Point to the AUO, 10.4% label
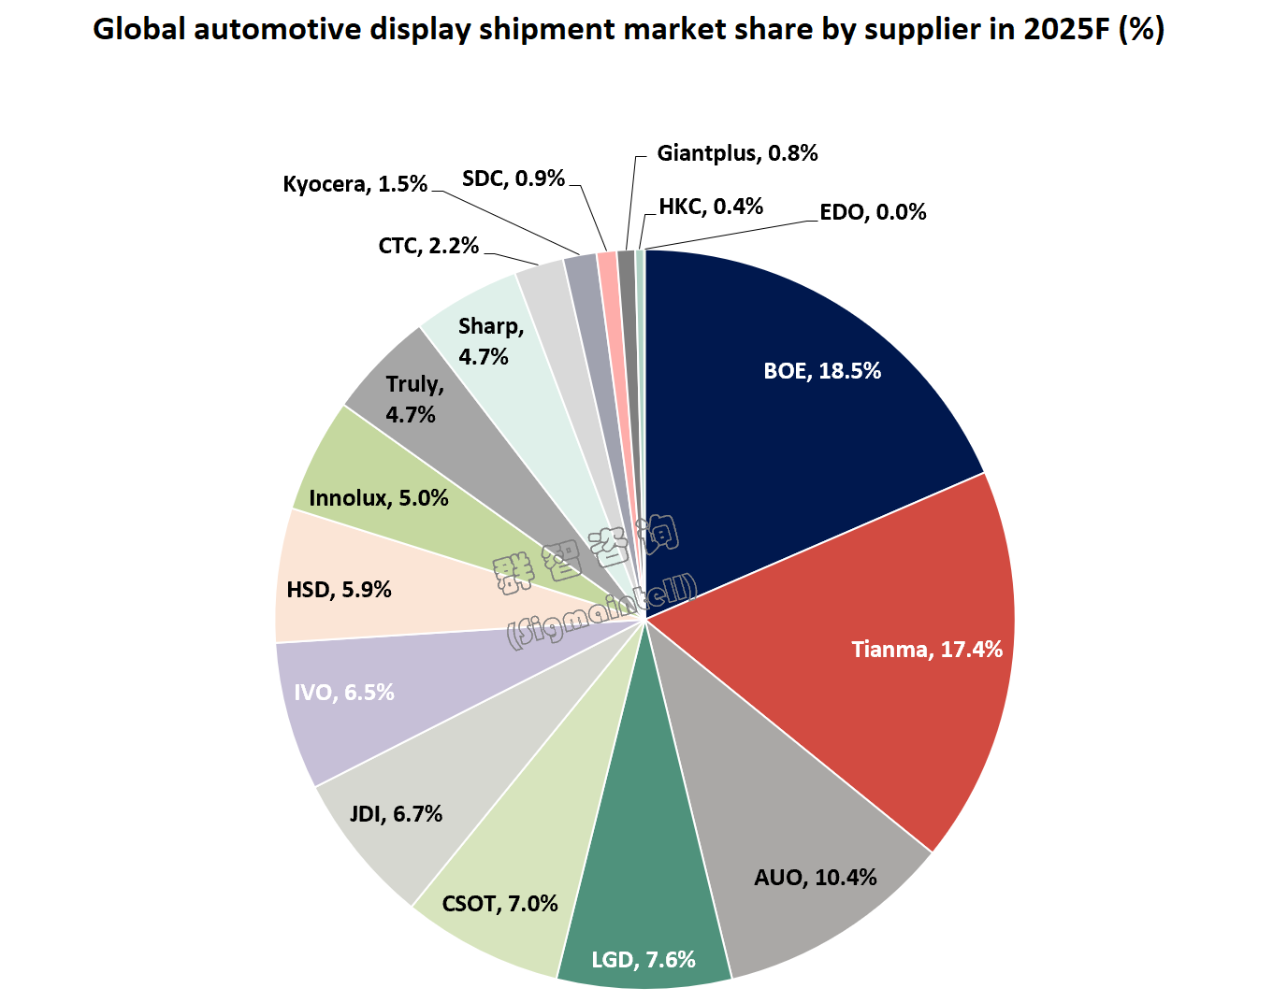(x=816, y=878)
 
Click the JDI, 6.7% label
(x=396, y=814)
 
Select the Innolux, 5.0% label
(x=379, y=498)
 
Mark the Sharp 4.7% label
(x=489, y=341)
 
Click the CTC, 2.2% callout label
(x=428, y=246)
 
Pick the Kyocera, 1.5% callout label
(x=354, y=184)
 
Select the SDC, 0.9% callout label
(x=514, y=179)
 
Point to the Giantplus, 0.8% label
(x=737, y=153)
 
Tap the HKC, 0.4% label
(x=711, y=207)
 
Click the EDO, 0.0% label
(x=873, y=212)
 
